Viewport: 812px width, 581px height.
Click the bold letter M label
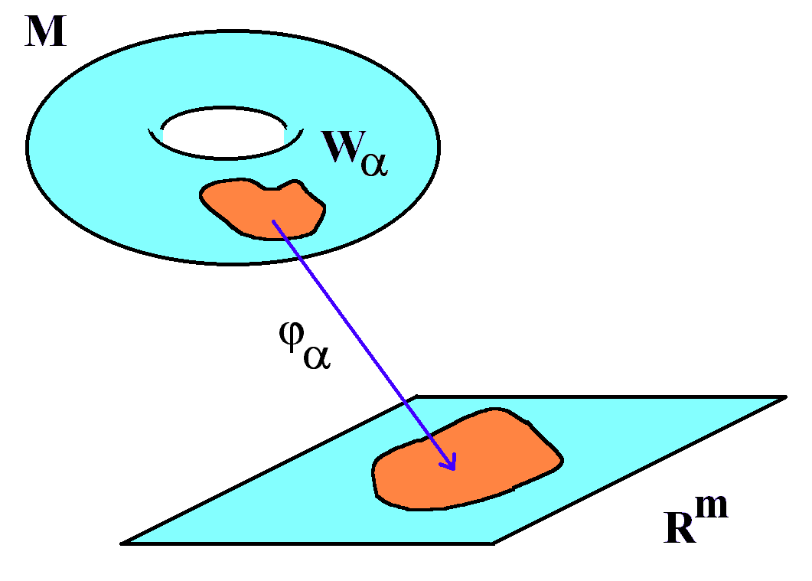[x=46, y=31]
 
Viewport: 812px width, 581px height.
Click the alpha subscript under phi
[x=317, y=357]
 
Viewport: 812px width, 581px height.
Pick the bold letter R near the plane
[x=680, y=527]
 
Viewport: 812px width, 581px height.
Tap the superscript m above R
[x=712, y=506]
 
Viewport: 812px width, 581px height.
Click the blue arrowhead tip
[x=454, y=470]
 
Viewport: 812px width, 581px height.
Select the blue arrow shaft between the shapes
[x=364, y=345]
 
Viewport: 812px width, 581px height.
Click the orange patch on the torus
[x=262, y=210]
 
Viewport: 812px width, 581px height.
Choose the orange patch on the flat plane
[x=466, y=461]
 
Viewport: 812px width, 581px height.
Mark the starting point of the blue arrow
[x=273, y=221]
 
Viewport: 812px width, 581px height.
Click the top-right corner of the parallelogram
[x=785, y=397]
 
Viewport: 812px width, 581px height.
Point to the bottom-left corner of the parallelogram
[x=122, y=543]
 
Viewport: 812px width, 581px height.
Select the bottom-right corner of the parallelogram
[x=493, y=543]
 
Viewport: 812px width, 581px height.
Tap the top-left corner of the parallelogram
[x=417, y=397]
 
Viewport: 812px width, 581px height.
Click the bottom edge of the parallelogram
[x=307, y=543]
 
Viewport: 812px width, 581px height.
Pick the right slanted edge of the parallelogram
[x=639, y=470]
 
